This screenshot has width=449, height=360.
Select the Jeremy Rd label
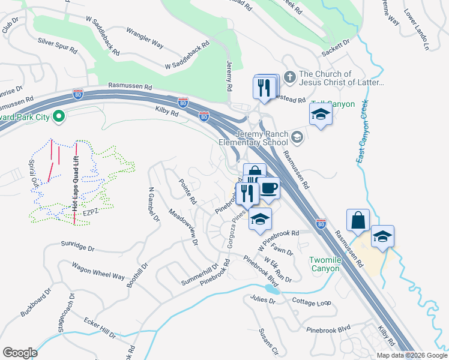pos(229,76)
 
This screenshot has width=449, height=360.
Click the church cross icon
pos(289,77)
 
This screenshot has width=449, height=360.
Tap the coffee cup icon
pos(268,188)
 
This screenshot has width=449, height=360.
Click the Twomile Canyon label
pos(325,264)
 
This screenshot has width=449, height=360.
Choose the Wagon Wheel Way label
pos(98,271)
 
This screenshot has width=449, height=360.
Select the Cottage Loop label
pos(312,302)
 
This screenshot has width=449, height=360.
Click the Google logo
pos(20,352)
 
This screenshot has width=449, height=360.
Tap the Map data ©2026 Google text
pos(411,355)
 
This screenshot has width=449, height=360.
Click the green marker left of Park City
pos(59,116)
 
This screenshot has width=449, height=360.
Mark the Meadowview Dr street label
pos(184,227)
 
